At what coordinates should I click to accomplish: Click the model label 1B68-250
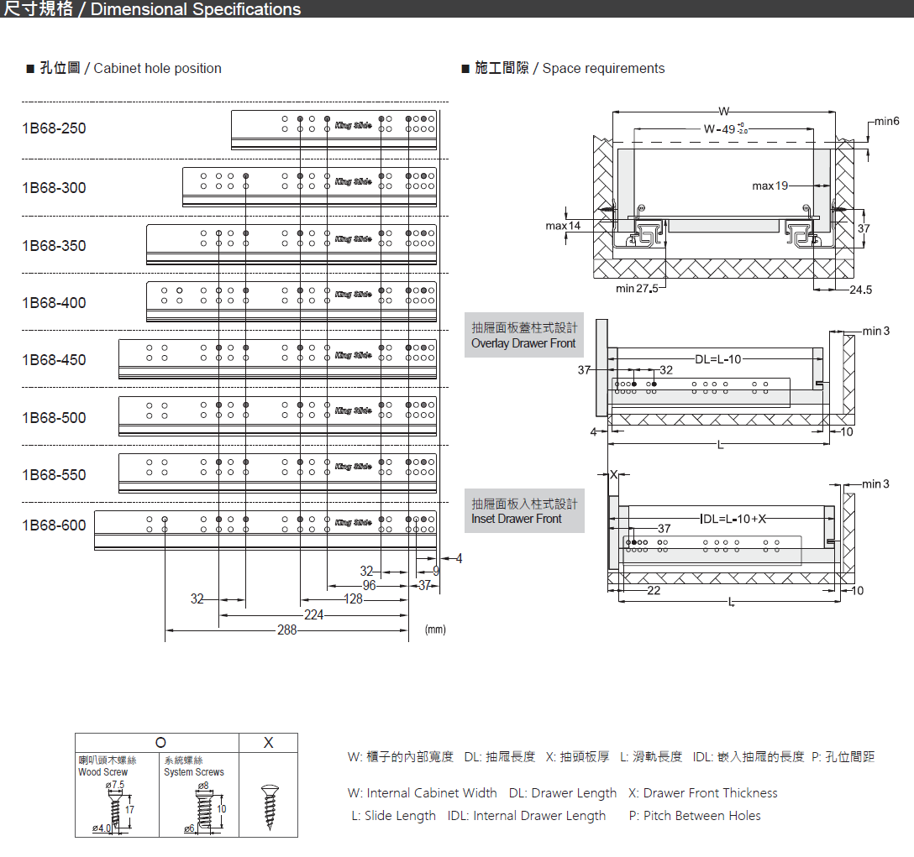(54, 128)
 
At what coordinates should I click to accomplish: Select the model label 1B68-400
(54, 303)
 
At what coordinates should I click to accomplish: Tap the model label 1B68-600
(54, 525)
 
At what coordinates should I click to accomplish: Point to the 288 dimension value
(287, 630)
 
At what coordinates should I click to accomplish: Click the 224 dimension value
(313, 615)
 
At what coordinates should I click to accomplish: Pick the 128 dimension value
(353, 599)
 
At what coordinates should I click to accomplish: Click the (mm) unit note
(435, 629)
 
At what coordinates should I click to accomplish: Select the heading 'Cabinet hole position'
(157, 69)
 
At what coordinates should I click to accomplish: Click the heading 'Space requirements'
(603, 69)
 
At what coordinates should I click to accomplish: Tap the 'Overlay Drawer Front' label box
(524, 335)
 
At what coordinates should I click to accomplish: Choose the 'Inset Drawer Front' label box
(524, 511)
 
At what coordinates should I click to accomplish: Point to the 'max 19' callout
(770, 186)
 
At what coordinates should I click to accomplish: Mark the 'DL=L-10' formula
(718, 359)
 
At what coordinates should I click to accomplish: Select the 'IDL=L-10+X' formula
(733, 519)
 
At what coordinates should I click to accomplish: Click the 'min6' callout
(886, 122)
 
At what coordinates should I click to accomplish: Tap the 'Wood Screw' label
(103, 772)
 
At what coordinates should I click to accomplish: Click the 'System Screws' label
(194, 772)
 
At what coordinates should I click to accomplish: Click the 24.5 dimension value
(861, 290)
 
